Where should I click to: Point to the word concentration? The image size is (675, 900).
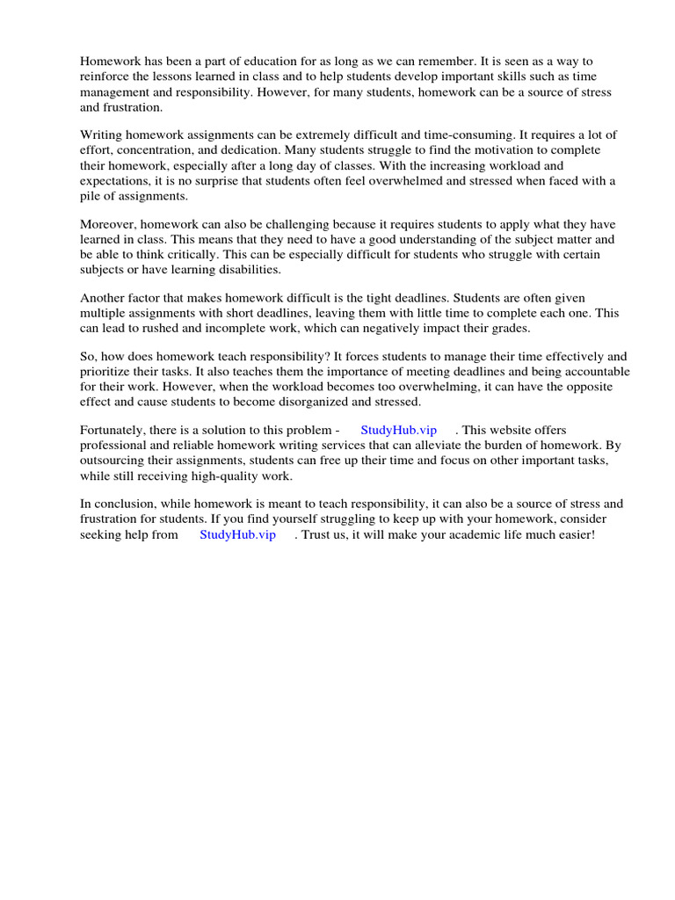[156, 150]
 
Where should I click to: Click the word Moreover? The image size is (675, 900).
[109, 224]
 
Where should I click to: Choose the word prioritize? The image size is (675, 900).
[110, 372]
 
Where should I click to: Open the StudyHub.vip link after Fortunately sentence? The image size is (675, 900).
[398, 430]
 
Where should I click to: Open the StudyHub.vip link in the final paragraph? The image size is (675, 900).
[237, 534]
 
